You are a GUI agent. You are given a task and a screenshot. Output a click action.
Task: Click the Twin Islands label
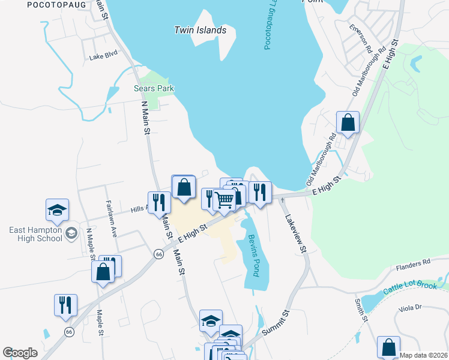(x=200, y=30)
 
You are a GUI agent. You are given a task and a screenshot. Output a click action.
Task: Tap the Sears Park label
(x=154, y=89)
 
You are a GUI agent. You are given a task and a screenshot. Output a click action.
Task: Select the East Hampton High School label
(x=35, y=234)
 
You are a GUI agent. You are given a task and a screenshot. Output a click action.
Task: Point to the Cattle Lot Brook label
(x=411, y=287)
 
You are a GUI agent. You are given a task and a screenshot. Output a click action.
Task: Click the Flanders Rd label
(x=418, y=262)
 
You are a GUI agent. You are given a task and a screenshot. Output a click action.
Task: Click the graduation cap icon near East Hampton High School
(x=58, y=210)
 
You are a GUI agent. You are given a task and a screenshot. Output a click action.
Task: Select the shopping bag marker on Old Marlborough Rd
(x=348, y=122)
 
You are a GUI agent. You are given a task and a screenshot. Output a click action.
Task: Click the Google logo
(x=20, y=353)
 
